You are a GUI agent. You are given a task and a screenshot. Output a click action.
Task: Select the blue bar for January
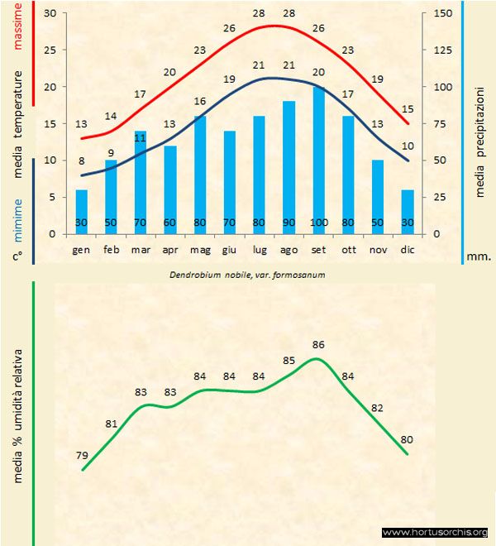81,211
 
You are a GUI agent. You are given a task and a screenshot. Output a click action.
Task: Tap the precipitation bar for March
141,182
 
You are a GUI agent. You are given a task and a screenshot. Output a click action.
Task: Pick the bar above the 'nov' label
378,196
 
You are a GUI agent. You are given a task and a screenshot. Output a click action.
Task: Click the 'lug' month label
260,249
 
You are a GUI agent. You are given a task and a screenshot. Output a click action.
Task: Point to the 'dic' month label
408,249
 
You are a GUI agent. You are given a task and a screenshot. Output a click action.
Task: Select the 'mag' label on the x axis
200,249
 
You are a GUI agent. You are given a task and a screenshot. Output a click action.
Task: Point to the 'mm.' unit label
479,257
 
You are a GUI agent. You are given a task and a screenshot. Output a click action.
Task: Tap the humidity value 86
319,344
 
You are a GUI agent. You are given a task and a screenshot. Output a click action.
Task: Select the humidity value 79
82,455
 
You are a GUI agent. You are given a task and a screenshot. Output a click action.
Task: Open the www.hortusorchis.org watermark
435,532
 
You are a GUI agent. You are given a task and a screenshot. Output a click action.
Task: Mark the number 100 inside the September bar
319,223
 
